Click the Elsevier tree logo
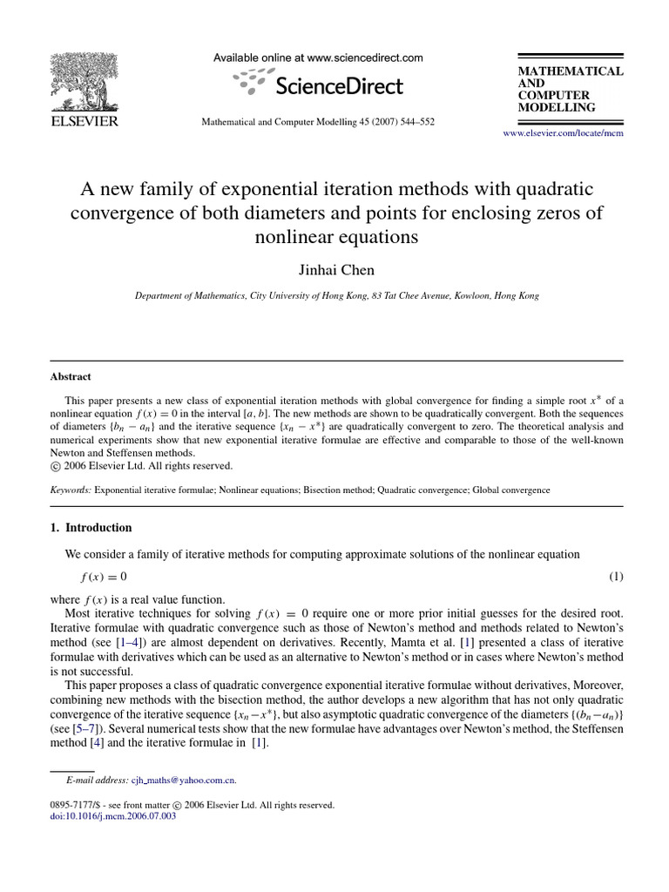[84, 82]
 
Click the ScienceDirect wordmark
[338, 85]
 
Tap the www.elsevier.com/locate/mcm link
[564, 133]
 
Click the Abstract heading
[71, 377]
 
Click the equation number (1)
[616, 577]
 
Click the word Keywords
[71, 490]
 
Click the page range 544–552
[415, 123]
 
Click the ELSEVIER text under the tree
[84, 122]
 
